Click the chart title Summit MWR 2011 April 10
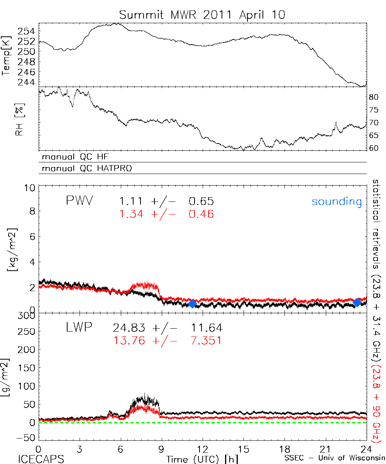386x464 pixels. click(x=202, y=15)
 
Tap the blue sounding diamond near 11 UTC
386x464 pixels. click(x=192, y=304)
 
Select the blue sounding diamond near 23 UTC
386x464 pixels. click(x=357, y=302)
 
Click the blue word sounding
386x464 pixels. click(x=337, y=202)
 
